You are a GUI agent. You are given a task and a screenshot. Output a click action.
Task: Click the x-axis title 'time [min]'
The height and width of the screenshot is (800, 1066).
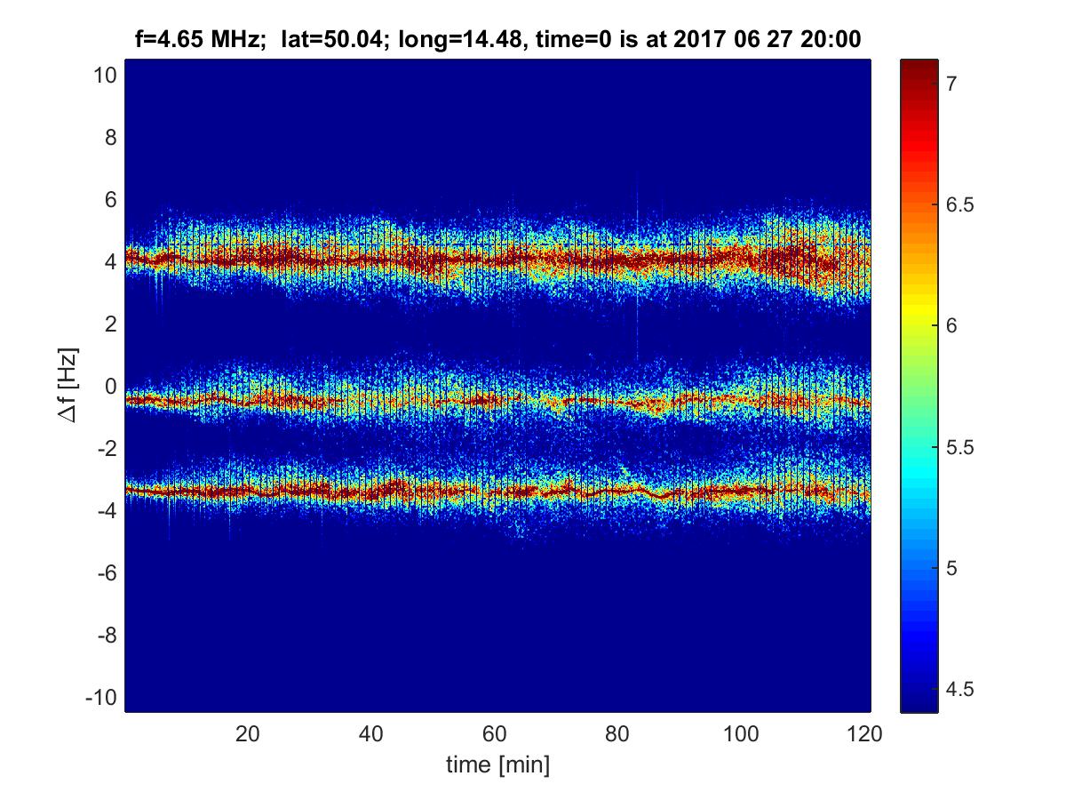497,764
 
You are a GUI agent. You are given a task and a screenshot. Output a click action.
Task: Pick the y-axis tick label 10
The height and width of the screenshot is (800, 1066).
105,76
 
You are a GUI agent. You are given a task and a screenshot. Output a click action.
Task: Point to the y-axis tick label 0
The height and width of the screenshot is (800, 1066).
111,387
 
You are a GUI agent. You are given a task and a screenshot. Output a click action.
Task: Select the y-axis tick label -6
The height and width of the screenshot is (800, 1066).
107,573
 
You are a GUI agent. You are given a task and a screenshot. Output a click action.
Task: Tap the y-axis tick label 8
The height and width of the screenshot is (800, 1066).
111,138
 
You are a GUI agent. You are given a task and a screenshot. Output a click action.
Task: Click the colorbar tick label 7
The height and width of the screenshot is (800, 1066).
951,84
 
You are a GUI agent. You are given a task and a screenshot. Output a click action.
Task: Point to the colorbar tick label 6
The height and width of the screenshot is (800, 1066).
951,326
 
